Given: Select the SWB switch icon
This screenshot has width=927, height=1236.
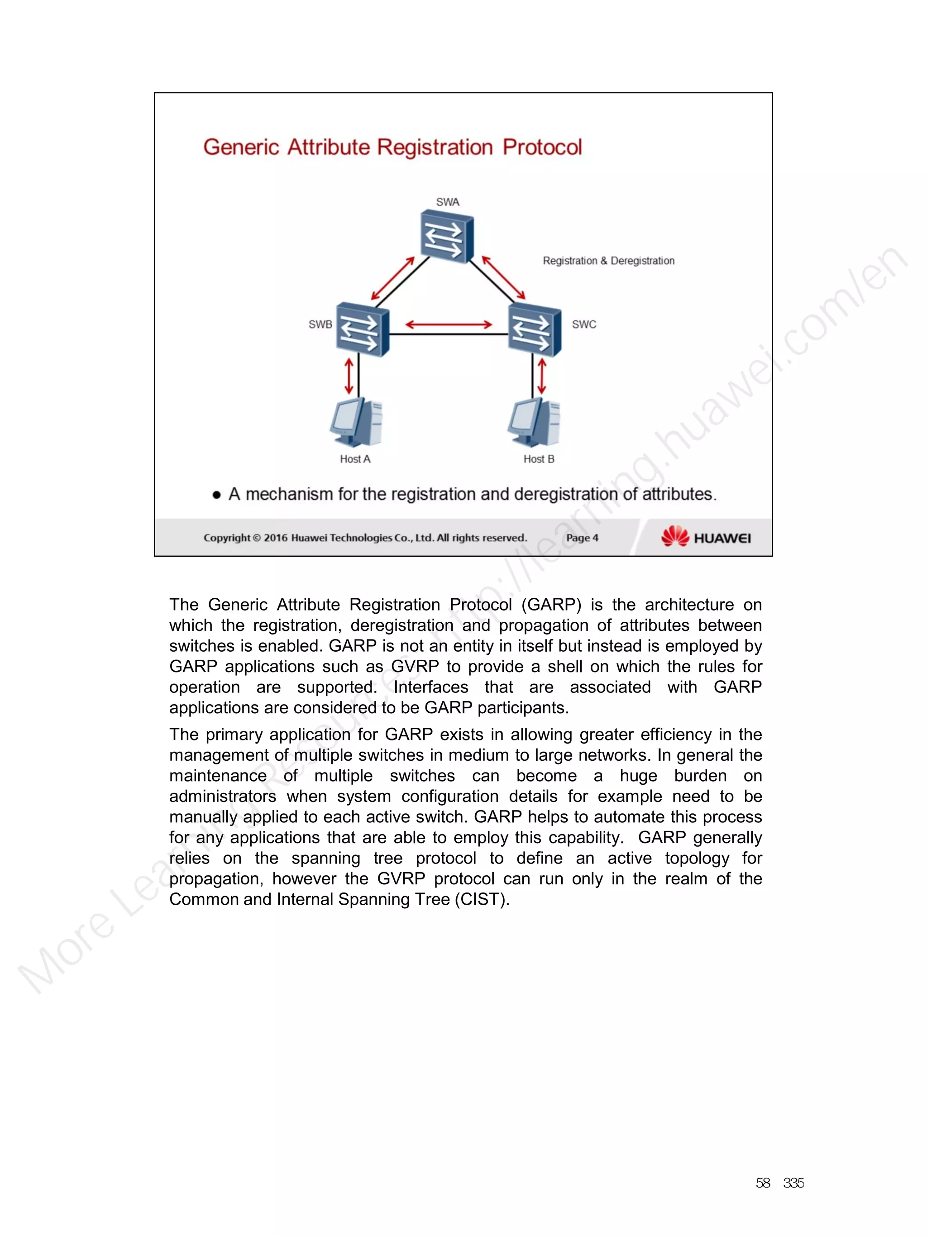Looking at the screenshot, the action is [x=362, y=329].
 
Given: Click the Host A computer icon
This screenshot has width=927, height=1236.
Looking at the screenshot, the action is [x=356, y=422].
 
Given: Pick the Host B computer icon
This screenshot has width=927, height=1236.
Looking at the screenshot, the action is [x=534, y=422].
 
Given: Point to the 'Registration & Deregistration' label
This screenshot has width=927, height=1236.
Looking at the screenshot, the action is [x=608, y=261].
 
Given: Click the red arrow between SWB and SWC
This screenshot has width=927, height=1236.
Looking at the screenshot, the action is [x=448, y=325].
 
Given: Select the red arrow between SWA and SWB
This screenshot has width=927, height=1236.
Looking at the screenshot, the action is [x=393, y=278].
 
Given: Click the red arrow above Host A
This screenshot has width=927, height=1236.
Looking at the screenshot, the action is [x=349, y=376].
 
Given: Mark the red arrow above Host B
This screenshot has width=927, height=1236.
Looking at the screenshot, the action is [x=541, y=376].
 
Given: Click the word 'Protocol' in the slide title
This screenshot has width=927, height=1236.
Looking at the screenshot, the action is [x=542, y=148].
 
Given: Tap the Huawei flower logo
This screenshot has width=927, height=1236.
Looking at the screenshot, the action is [x=675, y=536].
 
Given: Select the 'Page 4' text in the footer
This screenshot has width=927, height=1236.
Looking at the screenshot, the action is [x=582, y=538].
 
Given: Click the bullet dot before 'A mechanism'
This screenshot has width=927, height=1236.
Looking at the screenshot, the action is [x=217, y=495].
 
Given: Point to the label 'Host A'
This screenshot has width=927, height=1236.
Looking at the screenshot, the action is [x=355, y=459].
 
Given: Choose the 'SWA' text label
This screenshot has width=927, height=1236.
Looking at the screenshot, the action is [x=448, y=202].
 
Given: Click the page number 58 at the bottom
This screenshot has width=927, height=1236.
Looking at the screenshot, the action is [x=763, y=1183].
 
